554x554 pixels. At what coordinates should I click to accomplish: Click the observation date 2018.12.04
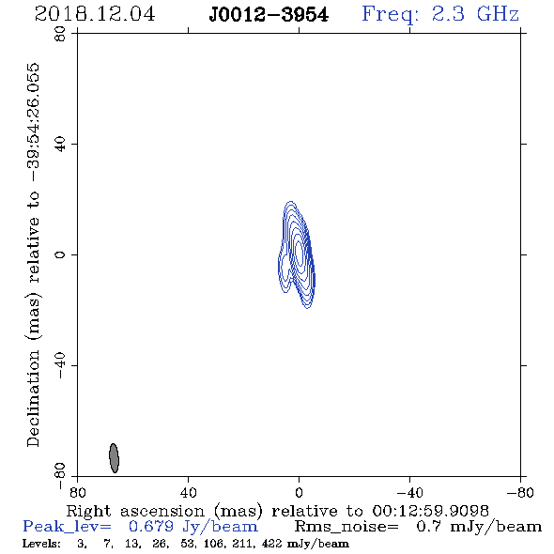click(95, 14)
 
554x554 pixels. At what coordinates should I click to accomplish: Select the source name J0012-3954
click(269, 15)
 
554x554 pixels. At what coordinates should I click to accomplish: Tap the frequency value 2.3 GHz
click(475, 14)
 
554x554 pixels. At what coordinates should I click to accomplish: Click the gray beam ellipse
click(114, 458)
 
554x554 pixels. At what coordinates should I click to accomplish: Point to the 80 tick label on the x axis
click(78, 492)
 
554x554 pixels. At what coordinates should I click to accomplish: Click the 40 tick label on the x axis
click(189, 492)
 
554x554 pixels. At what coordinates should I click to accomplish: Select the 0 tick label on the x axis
click(299, 492)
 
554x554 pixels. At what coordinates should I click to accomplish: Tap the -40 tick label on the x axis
click(409, 492)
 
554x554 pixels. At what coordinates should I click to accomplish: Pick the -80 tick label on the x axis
click(520, 492)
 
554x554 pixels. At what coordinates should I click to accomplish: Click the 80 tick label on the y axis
click(60, 34)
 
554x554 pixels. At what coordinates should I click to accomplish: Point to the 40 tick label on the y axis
click(60, 145)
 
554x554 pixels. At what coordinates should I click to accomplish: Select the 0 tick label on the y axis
click(60, 254)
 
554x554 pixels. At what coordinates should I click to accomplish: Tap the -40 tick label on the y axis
click(60, 365)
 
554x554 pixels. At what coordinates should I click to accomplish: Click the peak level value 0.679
click(151, 527)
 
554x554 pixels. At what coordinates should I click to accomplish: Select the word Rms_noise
click(346, 527)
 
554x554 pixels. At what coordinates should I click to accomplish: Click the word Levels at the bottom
click(41, 544)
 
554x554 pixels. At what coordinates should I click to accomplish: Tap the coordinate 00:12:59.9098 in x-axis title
click(431, 511)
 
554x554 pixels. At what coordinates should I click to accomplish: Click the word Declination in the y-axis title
click(33, 398)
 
